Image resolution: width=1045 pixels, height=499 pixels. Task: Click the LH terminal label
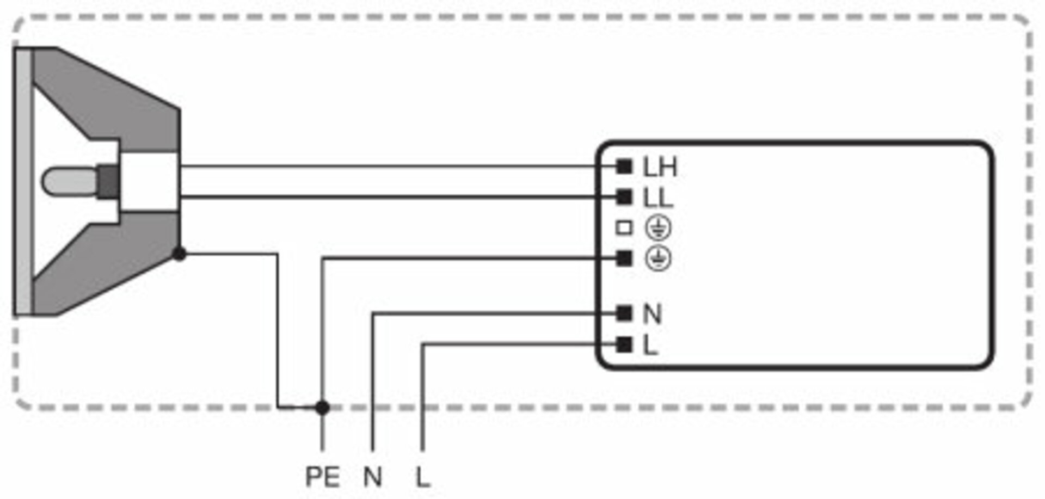pyautogui.click(x=660, y=167)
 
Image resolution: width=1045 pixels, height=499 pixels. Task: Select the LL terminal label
pyautogui.click(x=657, y=198)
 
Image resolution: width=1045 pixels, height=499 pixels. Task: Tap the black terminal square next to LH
pyautogui.click(x=624, y=167)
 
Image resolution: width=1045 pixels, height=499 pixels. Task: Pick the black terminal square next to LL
pyautogui.click(x=624, y=197)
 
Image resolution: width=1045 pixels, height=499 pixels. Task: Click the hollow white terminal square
pyautogui.click(x=624, y=228)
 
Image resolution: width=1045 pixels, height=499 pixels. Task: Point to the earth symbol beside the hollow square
pyautogui.click(x=658, y=228)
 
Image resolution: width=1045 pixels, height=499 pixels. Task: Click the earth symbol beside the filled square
pyautogui.click(x=658, y=258)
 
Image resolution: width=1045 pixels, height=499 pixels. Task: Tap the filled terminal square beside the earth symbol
pyautogui.click(x=624, y=258)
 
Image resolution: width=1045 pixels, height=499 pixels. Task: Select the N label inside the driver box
pyautogui.click(x=652, y=314)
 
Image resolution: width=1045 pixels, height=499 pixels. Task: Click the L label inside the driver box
pyautogui.click(x=650, y=345)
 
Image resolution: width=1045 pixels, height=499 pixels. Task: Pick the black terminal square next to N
pyautogui.click(x=624, y=313)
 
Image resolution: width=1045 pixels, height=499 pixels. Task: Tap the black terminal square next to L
pyautogui.click(x=624, y=344)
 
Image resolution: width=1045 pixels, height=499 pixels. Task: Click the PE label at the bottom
pyautogui.click(x=322, y=477)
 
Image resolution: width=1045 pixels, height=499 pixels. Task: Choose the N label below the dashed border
pyautogui.click(x=373, y=477)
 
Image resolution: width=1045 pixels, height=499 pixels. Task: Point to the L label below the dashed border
pyautogui.click(x=422, y=477)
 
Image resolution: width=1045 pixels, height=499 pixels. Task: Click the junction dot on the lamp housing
pyautogui.click(x=179, y=254)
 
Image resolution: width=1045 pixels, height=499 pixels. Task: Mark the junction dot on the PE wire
pyautogui.click(x=322, y=407)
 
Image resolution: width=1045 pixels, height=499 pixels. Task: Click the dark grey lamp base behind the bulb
pyautogui.click(x=109, y=181)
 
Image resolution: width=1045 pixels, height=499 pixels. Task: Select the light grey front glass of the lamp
pyautogui.click(x=23, y=181)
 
